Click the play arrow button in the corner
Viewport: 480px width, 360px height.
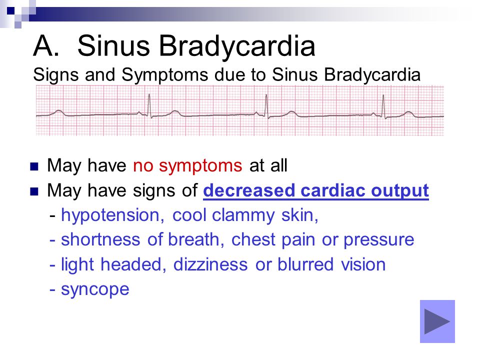tap(437, 321)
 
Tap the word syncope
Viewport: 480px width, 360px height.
tap(95, 290)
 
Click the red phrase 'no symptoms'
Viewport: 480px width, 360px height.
tap(187, 166)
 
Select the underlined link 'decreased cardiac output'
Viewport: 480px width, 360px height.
tap(316, 191)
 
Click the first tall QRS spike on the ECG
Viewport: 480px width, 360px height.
tap(149, 105)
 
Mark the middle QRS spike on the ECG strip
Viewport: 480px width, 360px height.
tap(266, 106)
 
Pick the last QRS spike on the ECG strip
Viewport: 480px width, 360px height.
tap(383, 106)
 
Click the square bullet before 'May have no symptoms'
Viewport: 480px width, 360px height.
tap(34, 167)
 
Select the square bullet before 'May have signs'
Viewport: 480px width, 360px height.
tap(34, 191)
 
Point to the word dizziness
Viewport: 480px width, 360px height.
tap(210, 264)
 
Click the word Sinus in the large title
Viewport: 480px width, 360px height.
tap(113, 46)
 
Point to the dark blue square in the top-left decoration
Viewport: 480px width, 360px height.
tap(10, 10)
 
